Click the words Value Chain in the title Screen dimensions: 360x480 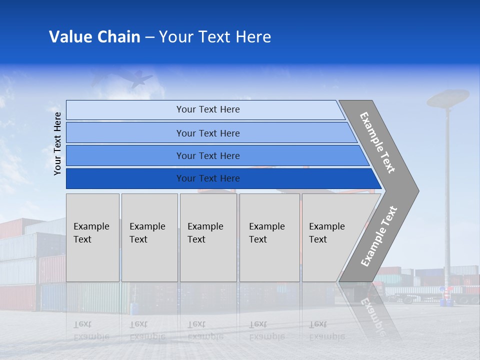(94, 37)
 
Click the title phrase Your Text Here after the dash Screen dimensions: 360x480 (215, 37)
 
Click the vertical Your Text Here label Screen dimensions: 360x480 (57, 143)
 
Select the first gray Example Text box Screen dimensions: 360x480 (92, 237)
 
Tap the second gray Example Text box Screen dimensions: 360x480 (149, 237)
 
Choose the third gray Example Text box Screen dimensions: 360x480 (208, 237)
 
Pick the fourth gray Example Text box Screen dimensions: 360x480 (269, 237)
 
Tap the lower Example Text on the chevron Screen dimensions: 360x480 (379, 236)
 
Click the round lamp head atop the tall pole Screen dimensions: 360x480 (448, 97)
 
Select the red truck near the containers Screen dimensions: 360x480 (380, 290)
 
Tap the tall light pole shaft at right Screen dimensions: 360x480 (447, 200)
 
